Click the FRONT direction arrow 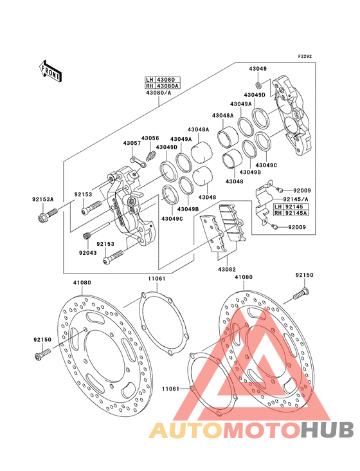(50, 71)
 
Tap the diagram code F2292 (305, 56)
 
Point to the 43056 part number (150, 138)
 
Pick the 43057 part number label (132, 143)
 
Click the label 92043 (87, 253)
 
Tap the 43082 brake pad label (226, 270)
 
